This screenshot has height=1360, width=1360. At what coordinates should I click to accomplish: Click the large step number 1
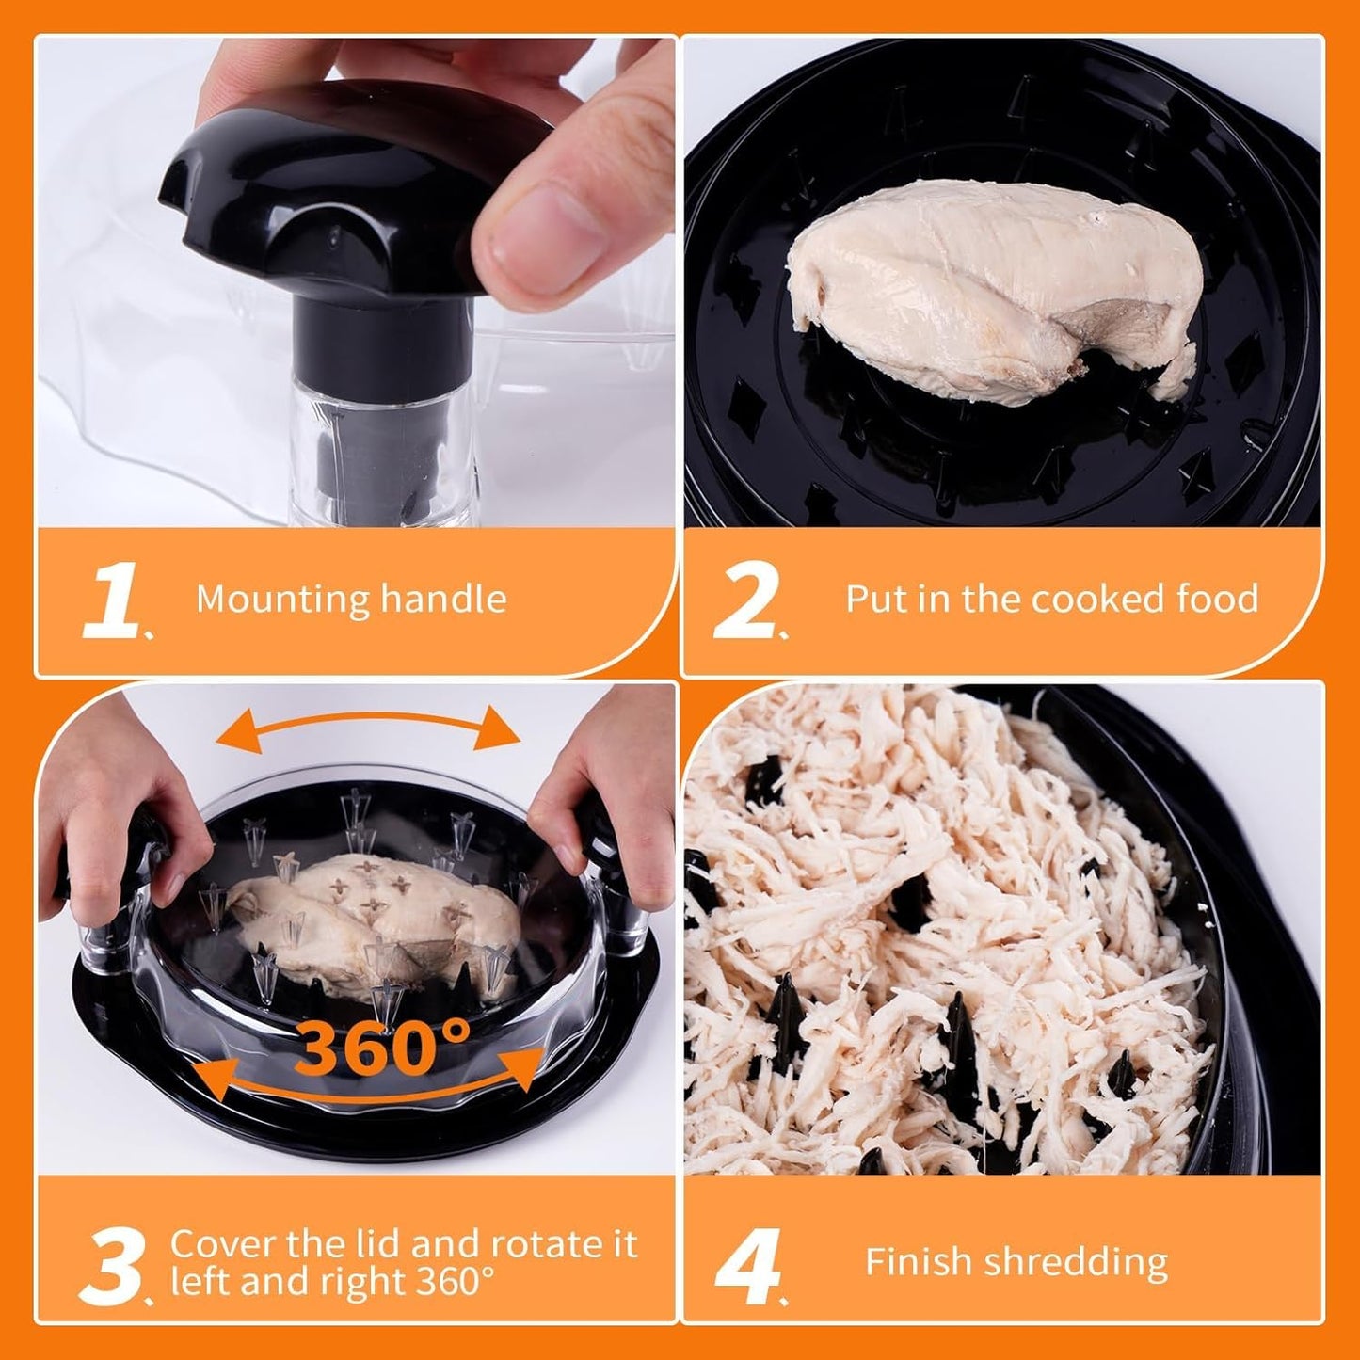(x=111, y=603)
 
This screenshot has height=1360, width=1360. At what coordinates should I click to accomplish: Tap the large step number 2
(x=744, y=603)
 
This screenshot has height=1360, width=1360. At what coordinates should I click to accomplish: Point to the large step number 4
(x=747, y=1266)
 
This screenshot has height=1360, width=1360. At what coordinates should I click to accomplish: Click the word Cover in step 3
(x=222, y=1244)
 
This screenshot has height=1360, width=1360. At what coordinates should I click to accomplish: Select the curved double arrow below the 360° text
(x=375, y=1082)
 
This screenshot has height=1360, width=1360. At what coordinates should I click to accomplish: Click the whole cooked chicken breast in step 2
(x=993, y=287)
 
